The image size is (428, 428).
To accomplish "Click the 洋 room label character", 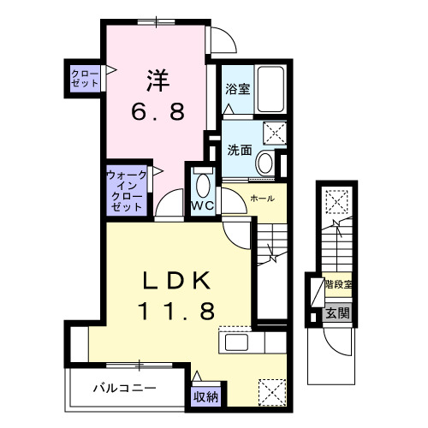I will (x=158, y=82).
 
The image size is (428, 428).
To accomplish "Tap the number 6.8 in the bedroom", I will (x=158, y=112).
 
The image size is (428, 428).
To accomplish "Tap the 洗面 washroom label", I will (x=240, y=149).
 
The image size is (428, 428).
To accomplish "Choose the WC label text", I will (x=202, y=205).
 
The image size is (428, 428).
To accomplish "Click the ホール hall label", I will (x=262, y=199).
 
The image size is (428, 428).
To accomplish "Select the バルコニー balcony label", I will (x=125, y=388).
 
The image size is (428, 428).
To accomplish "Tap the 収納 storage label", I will (x=205, y=395).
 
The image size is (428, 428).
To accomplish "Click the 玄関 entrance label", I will (x=336, y=312).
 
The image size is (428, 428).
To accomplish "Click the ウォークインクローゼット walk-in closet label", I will (x=126, y=191).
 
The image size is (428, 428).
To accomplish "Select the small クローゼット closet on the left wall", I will (x=84, y=78).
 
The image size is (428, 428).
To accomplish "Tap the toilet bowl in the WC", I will (x=202, y=183).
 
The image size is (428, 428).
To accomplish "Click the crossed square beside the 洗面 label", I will (x=276, y=134).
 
